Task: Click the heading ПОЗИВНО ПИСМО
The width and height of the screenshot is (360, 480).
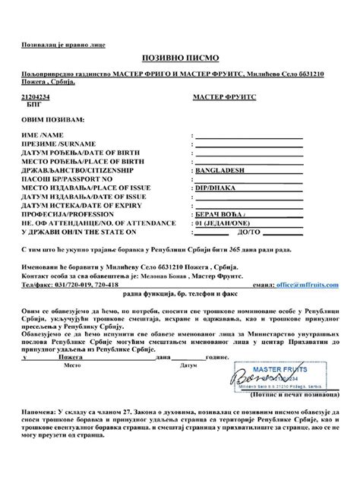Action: coord(179,58)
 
